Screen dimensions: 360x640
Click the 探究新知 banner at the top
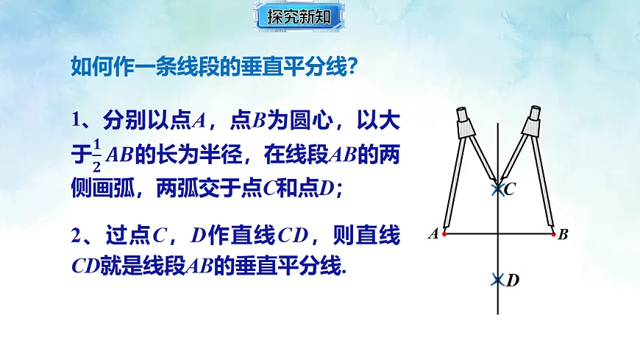[x=298, y=17]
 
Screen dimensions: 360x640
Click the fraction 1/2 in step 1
[x=96, y=155]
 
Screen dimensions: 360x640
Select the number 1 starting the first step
[x=76, y=119]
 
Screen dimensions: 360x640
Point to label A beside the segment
[x=433, y=234]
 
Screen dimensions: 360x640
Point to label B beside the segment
[x=563, y=235]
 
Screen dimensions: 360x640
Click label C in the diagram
[x=510, y=190]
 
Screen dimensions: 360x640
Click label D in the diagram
[x=513, y=280]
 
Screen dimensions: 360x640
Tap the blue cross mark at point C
[x=498, y=190]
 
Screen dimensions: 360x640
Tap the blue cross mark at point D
[x=498, y=280]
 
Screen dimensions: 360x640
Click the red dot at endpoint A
[x=444, y=234]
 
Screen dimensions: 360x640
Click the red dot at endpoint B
[x=553, y=234]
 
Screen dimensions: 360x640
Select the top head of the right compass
[x=535, y=114]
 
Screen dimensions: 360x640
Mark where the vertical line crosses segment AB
[x=498, y=234]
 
